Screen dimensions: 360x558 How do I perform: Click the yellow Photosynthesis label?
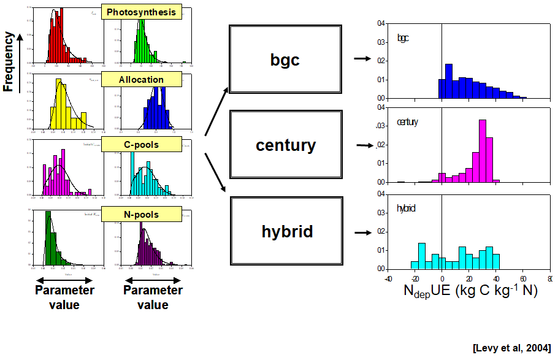point(142,12)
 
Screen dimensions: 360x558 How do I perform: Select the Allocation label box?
point(142,80)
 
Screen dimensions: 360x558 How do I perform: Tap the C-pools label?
point(142,145)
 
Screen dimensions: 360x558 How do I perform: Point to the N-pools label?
point(142,215)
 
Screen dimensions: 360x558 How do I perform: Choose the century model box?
point(285,145)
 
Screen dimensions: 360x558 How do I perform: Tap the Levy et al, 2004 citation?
point(511,348)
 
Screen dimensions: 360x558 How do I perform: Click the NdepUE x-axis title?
point(470,291)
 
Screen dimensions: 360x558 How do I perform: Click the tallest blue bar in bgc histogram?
point(449,81)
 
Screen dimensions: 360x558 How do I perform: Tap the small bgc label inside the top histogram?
point(403,38)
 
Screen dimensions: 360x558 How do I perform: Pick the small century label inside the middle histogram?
point(407,122)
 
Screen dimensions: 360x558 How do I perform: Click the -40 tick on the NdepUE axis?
point(388,278)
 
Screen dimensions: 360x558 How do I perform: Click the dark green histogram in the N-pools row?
point(52,242)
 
